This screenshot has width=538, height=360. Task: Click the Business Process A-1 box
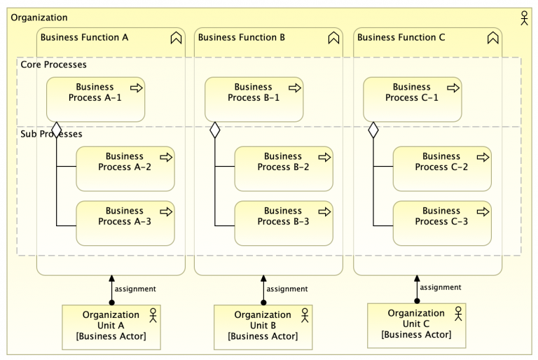click(95, 99)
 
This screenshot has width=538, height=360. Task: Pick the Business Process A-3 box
click(125, 223)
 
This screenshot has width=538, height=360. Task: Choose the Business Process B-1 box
click(254, 99)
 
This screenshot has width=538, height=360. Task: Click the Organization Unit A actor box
click(111, 326)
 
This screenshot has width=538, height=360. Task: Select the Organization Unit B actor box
click(263, 326)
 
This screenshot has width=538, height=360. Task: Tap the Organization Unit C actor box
click(416, 325)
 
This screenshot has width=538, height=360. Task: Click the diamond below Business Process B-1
click(215, 130)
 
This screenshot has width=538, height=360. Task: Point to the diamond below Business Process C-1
click(373, 130)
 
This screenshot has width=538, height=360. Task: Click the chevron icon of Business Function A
click(176, 39)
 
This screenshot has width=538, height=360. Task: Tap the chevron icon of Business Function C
click(492, 39)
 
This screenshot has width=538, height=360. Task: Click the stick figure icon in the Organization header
click(524, 18)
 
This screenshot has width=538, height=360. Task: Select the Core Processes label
click(54, 64)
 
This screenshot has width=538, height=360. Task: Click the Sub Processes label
click(52, 134)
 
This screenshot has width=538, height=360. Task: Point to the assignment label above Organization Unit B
click(287, 289)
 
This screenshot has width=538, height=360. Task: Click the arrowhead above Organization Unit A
click(111, 279)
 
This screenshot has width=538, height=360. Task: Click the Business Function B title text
click(241, 37)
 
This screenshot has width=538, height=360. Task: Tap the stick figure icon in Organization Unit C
click(458, 313)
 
